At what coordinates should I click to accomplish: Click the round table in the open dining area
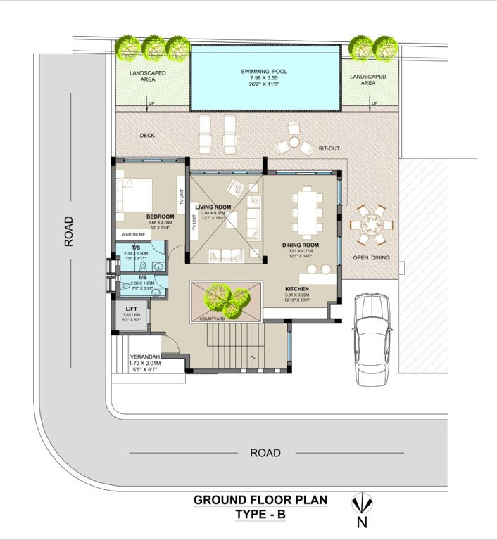click(371, 226)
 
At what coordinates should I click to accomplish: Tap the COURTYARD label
click(212, 319)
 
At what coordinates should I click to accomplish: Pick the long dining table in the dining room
click(307, 212)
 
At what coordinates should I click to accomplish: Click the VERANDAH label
click(146, 356)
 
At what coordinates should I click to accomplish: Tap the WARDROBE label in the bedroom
click(134, 235)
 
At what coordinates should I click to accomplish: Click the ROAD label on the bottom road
click(265, 453)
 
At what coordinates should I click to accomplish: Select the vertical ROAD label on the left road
click(68, 231)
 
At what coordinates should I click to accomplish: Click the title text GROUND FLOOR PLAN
click(260, 501)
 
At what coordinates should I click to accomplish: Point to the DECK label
click(147, 135)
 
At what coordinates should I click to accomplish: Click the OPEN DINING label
click(370, 258)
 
